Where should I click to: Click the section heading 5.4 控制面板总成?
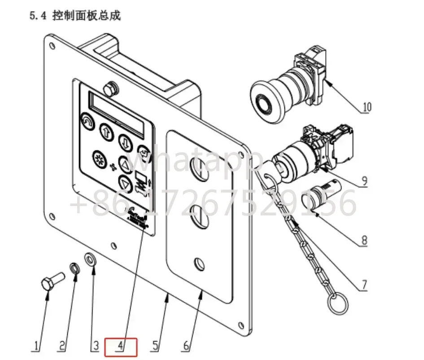tap(75, 16)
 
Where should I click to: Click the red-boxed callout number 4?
tap(120, 347)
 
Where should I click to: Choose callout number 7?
tap(364, 284)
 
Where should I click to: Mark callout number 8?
tap(364, 240)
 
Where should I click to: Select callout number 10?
tap(367, 107)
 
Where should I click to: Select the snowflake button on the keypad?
tap(98, 159)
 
